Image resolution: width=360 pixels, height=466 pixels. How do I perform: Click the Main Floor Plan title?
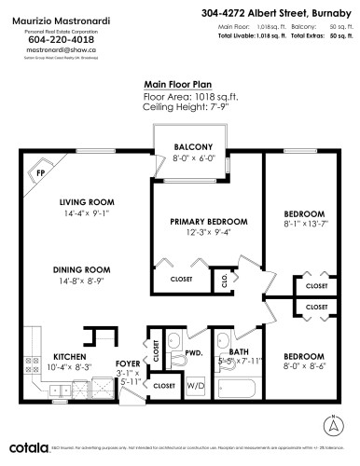pos(180,83)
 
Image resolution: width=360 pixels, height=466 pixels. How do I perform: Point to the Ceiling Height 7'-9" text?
pos(180,107)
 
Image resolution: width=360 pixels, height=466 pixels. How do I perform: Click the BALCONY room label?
pos(193,147)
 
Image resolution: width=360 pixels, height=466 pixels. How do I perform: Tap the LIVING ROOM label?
pos(86,201)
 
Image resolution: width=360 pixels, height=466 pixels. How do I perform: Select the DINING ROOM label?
pos(87,268)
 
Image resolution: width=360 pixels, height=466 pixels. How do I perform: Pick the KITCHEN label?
pos(70,357)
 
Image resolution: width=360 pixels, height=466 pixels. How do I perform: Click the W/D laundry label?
pos(197,385)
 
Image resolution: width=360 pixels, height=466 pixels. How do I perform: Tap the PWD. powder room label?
pos(194,353)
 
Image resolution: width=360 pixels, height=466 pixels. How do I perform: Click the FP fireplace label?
pos(41,173)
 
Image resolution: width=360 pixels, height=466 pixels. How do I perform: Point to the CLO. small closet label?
pos(225,279)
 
